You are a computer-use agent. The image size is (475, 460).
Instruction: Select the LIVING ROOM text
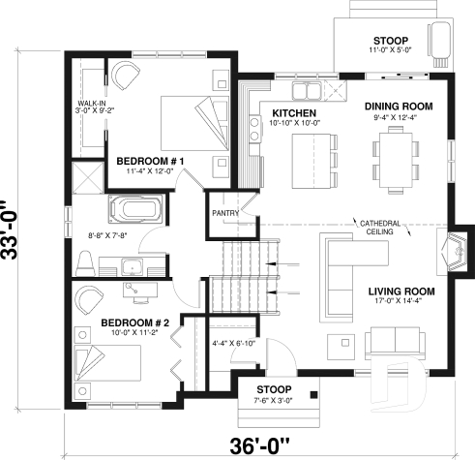(401, 291)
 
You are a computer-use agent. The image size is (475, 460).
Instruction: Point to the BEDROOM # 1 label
(150, 160)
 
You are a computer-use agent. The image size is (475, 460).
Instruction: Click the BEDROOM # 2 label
(134, 322)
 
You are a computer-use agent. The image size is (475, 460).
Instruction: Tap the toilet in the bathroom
(85, 259)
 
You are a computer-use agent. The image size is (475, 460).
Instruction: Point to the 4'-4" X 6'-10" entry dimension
(231, 344)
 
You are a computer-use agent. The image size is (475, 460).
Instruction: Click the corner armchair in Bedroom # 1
(127, 77)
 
